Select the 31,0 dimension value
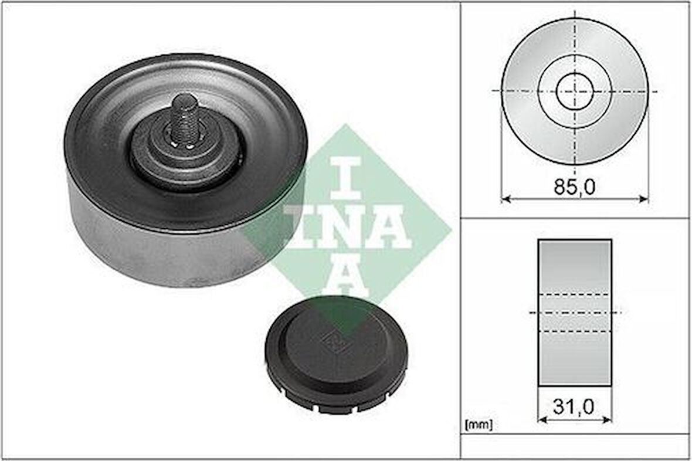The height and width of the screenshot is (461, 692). [575, 406]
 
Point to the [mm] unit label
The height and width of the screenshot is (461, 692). [478, 423]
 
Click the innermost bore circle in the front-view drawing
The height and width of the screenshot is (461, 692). [575, 91]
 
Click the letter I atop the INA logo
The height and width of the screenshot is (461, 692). [346, 176]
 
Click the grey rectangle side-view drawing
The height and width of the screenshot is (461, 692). [575, 264]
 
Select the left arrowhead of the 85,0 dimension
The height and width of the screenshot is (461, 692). [504, 199]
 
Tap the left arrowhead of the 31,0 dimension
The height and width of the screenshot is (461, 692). [541, 419]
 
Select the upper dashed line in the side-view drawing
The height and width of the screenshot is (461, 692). [575, 294]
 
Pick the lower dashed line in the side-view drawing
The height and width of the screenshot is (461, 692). [575, 331]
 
